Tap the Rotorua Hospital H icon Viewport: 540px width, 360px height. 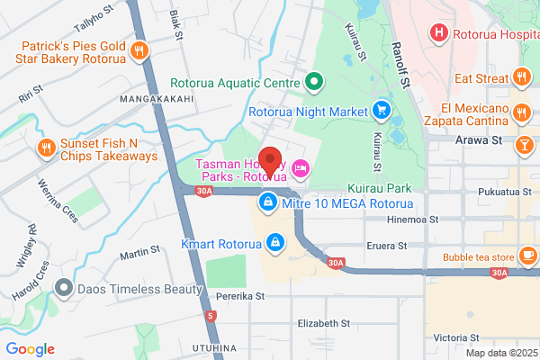(439, 33)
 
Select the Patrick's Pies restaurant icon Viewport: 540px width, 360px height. (139, 51)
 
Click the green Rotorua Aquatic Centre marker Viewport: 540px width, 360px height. (314, 84)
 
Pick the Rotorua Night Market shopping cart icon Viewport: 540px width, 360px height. (382, 112)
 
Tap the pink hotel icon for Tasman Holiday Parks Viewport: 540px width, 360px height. (301, 166)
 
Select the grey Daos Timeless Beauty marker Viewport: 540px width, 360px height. (63, 289)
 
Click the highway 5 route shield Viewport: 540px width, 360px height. (211, 315)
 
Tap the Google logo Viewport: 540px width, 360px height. (31, 349)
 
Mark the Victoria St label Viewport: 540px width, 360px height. (460, 337)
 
